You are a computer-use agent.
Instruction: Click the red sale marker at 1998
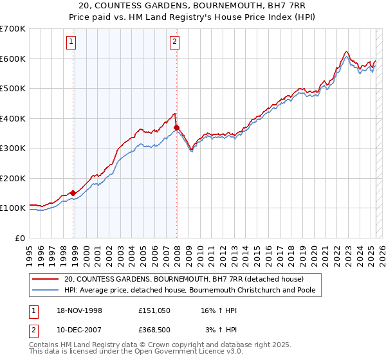(73, 192)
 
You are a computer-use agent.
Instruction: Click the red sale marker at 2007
(176, 127)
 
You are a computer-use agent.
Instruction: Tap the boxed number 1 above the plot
(70, 43)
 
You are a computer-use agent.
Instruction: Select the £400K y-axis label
(13, 118)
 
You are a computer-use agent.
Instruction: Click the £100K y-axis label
(13, 208)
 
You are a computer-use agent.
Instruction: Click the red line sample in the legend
(46, 279)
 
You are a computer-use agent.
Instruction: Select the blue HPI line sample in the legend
(46, 291)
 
